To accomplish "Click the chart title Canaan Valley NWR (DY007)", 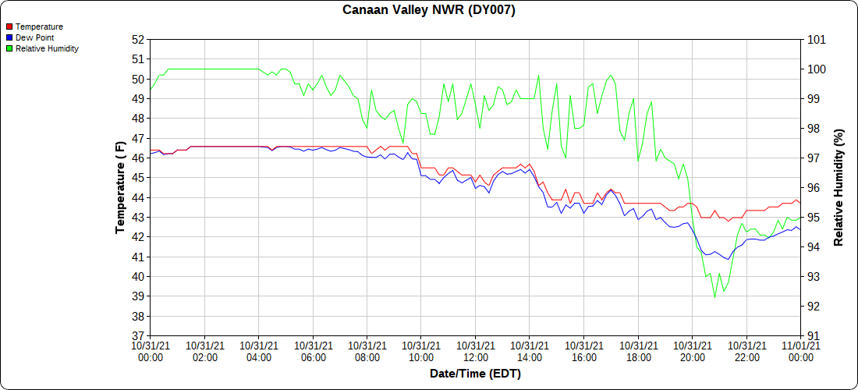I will (x=429, y=10).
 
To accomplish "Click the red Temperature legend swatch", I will (x=9, y=27).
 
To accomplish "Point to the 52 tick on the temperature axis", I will (x=138, y=39).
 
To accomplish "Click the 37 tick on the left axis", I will (x=138, y=336).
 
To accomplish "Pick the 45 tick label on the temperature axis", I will (x=138, y=178).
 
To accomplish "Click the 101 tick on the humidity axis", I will (x=816, y=39).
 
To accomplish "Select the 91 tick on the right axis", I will (x=813, y=336).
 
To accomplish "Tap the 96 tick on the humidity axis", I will (x=813, y=187).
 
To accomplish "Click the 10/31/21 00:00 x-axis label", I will (x=151, y=351).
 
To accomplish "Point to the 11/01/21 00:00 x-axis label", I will (x=800, y=351).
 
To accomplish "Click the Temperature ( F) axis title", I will (x=120, y=187).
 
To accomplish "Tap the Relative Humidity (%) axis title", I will (x=839, y=187).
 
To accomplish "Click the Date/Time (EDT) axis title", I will (x=475, y=374).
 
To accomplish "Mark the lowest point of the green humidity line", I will (x=714, y=297).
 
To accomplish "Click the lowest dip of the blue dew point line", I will (x=728, y=259).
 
